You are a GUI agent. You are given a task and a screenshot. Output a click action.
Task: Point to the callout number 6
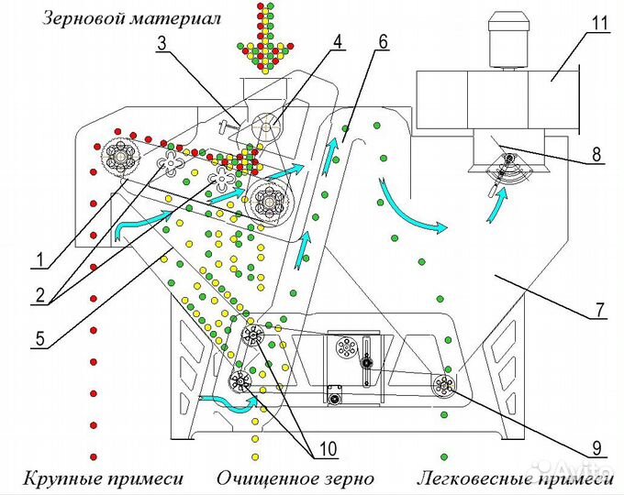382,41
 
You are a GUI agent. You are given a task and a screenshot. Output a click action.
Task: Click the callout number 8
598,156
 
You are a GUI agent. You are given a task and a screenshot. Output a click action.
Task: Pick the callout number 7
597,310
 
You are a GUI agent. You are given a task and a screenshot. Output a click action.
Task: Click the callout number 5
38,338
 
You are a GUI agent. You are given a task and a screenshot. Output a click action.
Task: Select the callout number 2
38,298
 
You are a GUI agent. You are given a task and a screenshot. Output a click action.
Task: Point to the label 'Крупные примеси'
102,478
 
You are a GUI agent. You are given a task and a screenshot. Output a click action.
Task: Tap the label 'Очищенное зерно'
295,478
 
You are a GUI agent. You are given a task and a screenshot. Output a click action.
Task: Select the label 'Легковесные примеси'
515,478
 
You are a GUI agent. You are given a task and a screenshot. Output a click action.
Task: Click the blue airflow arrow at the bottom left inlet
225,400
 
